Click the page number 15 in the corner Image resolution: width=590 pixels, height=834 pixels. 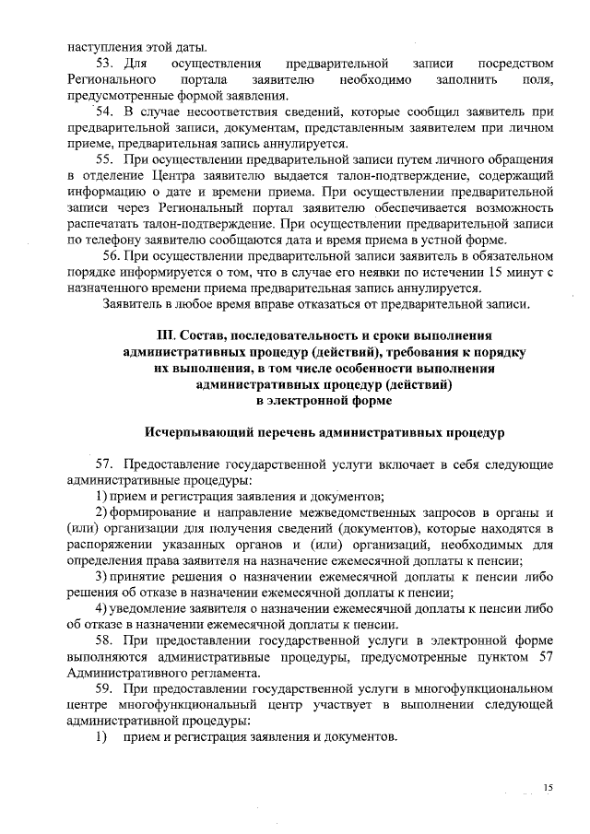click(x=549, y=787)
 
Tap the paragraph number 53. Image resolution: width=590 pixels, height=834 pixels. click(x=104, y=64)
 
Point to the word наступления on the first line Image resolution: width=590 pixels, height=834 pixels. click(x=104, y=46)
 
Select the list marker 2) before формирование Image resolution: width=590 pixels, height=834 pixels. click(x=104, y=511)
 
